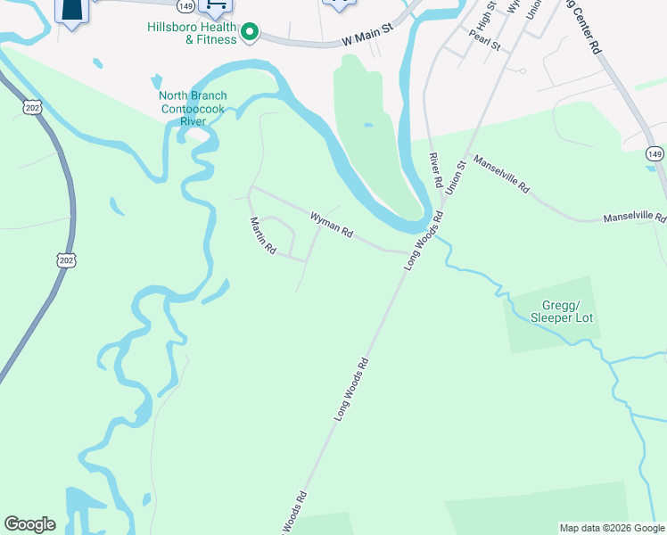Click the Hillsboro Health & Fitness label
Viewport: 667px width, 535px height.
[x=193, y=33]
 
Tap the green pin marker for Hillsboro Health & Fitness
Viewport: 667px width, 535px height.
[x=251, y=34]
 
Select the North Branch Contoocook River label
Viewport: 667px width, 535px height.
[x=193, y=108]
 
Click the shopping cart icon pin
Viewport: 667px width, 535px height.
[x=215, y=5]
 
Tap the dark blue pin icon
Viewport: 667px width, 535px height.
[x=72, y=11]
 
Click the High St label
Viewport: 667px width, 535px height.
[x=485, y=15]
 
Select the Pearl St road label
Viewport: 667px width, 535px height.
[x=485, y=41]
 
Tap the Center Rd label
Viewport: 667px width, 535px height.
[x=585, y=26]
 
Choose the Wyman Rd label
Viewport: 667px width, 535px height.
[x=332, y=224]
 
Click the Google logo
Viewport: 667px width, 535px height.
[x=29, y=524]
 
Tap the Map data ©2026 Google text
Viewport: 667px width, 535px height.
[x=612, y=528]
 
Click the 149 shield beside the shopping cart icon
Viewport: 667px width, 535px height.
[x=185, y=5]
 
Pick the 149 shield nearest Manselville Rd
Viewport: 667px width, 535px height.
[x=655, y=154]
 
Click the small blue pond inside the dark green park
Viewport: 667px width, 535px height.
[x=367, y=125]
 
